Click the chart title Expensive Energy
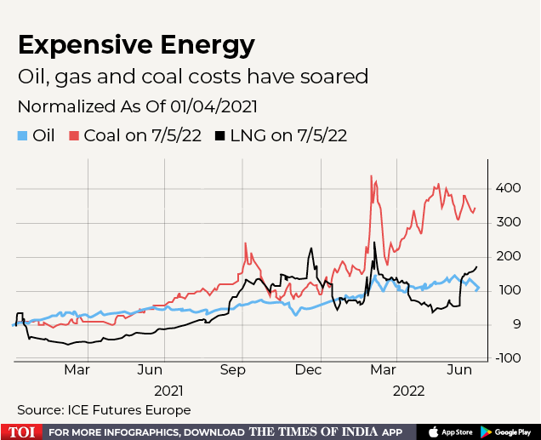[136, 44]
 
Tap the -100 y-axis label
[509, 358]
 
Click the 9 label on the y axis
[503, 324]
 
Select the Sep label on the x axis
[232, 371]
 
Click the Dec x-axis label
[309, 371]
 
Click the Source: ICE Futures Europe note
[104, 410]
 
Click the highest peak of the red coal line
[372, 176]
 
